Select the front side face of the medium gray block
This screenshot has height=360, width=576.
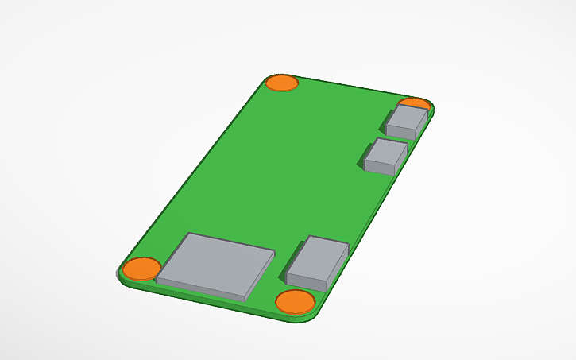(x=308, y=281)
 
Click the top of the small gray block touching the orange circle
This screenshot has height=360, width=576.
(x=410, y=117)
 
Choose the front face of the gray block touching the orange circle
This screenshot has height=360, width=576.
(x=404, y=131)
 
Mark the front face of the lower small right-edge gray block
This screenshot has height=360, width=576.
(x=380, y=168)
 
